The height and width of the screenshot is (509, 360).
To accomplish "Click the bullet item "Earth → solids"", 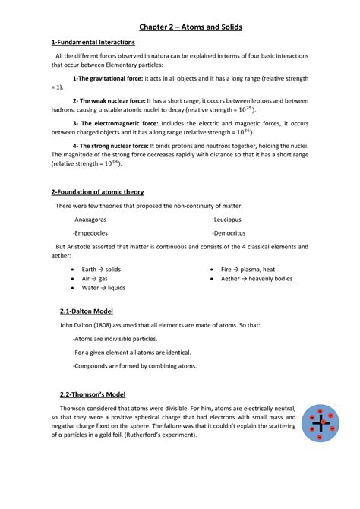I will [101, 270].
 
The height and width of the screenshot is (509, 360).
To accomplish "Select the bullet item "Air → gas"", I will [94, 279].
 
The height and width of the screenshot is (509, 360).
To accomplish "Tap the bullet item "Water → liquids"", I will [103, 288].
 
